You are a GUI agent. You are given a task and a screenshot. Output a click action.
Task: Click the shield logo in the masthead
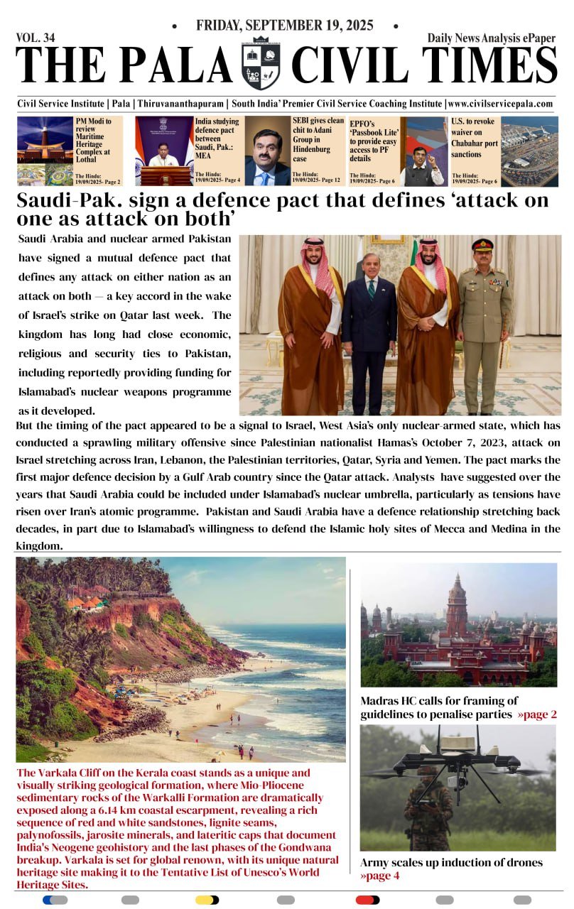261,65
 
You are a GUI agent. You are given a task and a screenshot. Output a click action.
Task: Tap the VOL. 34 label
36,38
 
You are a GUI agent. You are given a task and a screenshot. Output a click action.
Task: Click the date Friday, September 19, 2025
285,26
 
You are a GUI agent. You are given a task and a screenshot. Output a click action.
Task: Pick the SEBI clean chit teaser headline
318,140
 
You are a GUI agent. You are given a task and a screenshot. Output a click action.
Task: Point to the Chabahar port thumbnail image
530,151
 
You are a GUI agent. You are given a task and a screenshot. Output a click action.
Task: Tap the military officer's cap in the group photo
483,245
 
